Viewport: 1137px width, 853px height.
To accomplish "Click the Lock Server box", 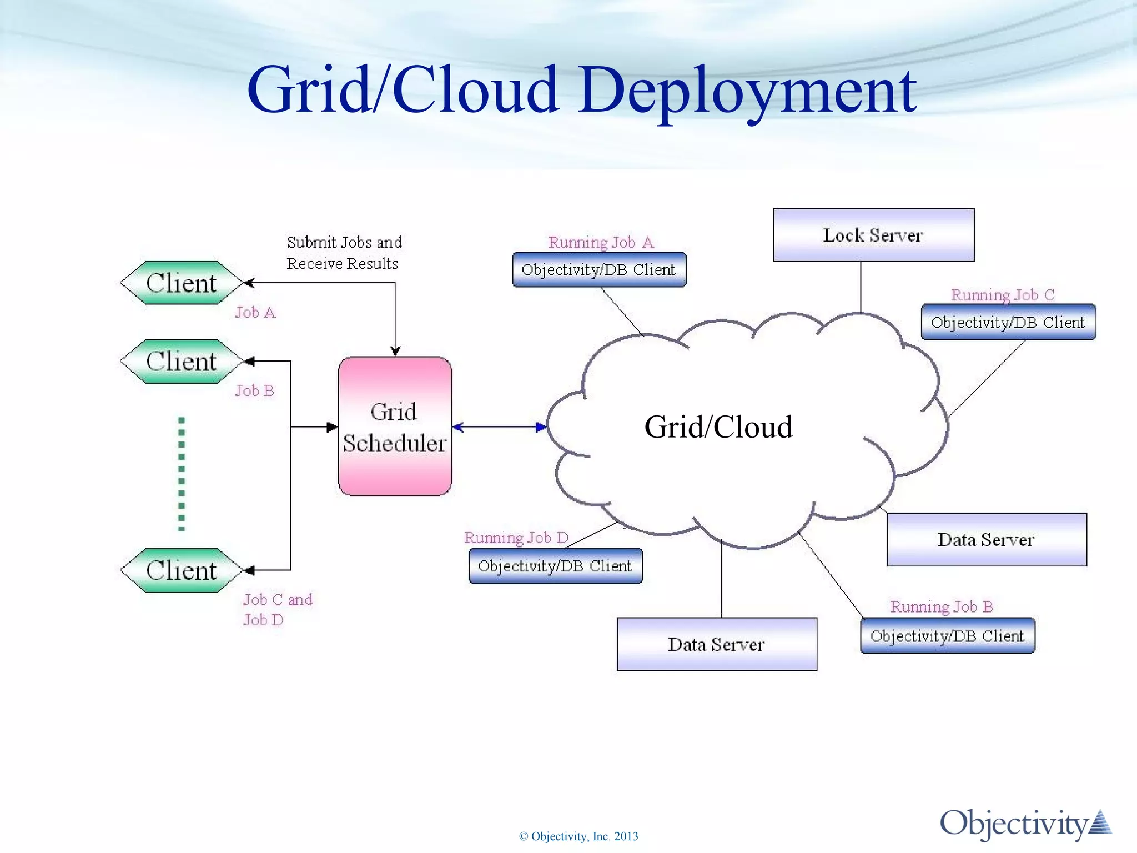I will pyautogui.click(x=873, y=235).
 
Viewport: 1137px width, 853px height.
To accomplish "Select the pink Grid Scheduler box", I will pyautogui.click(x=395, y=426).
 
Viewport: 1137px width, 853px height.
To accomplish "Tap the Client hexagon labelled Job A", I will pyautogui.click(x=181, y=283).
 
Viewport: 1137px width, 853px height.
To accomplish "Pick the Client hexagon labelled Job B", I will pyautogui.click(x=181, y=362).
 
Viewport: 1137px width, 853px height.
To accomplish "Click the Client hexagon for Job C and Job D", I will pyautogui.click(x=181, y=570).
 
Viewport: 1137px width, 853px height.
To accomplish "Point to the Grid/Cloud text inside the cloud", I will pyautogui.click(x=718, y=427).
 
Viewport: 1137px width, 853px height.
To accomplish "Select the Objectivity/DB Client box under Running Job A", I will pyautogui.click(x=599, y=270).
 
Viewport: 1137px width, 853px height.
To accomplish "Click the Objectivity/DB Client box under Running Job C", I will pyautogui.click(x=1008, y=322).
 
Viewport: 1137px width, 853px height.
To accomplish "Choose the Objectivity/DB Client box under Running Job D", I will pyautogui.click(x=555, y=566).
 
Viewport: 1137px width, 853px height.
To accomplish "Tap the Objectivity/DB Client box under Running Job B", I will pyautogui.click(x=947, y=636).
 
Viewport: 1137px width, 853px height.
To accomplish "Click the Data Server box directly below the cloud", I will pyautogui.click(x=717, y=644).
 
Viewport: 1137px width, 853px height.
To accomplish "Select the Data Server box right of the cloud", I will pyautogui.click(x=987, y=540).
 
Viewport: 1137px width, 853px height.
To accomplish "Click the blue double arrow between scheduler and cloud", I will pyautogui.click(x=499, y=427).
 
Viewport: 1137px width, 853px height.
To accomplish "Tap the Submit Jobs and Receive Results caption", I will pyautogui.click(x=344, y=253).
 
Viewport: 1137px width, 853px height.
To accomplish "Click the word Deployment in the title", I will pyautogui.click(x=747, y=90).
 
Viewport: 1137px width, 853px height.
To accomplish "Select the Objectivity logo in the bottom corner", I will pyautogui.click(x=1025, y=824).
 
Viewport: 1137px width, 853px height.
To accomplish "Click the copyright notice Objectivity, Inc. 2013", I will pyautogui.click(x=578, y=836).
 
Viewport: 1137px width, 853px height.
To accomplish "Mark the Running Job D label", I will pyautogui.click(x=516, y=538).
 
